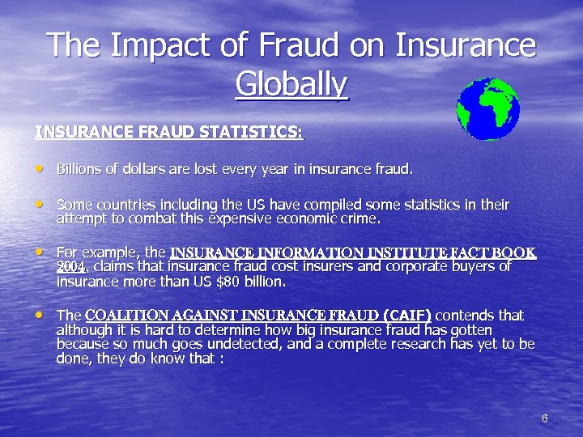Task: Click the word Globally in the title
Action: click(291, 83)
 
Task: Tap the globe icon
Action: click(487, 109)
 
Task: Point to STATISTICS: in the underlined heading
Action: click(253, 131)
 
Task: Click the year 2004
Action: click(71, 267)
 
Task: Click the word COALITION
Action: click(129, 315)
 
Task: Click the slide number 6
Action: click(544, 418)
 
